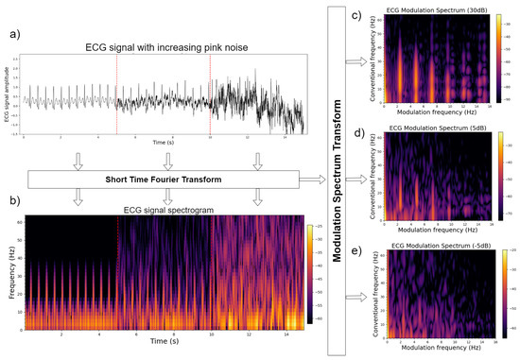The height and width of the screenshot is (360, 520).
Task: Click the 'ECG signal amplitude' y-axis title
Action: coord(7,94)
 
